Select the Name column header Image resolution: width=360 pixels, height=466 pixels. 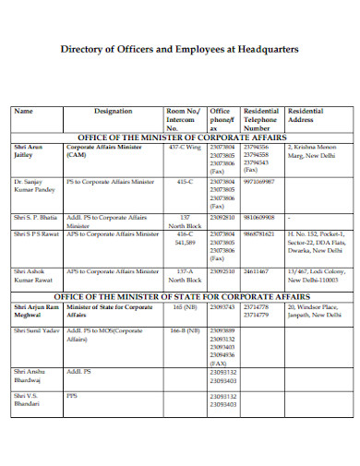tap(24, 111)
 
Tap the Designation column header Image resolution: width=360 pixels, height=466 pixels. tap(114, 111)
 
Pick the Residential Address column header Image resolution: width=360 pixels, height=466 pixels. tap(306, 115)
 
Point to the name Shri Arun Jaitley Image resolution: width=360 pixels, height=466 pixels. tap(30, 150)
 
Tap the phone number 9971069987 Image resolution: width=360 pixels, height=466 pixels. tap(262, 182)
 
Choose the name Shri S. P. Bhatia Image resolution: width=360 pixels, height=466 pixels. tap(36, 217)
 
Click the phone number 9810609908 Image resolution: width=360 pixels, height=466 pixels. tap(262, 217)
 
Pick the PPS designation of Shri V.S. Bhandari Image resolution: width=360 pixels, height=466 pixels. tap(72, 396)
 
